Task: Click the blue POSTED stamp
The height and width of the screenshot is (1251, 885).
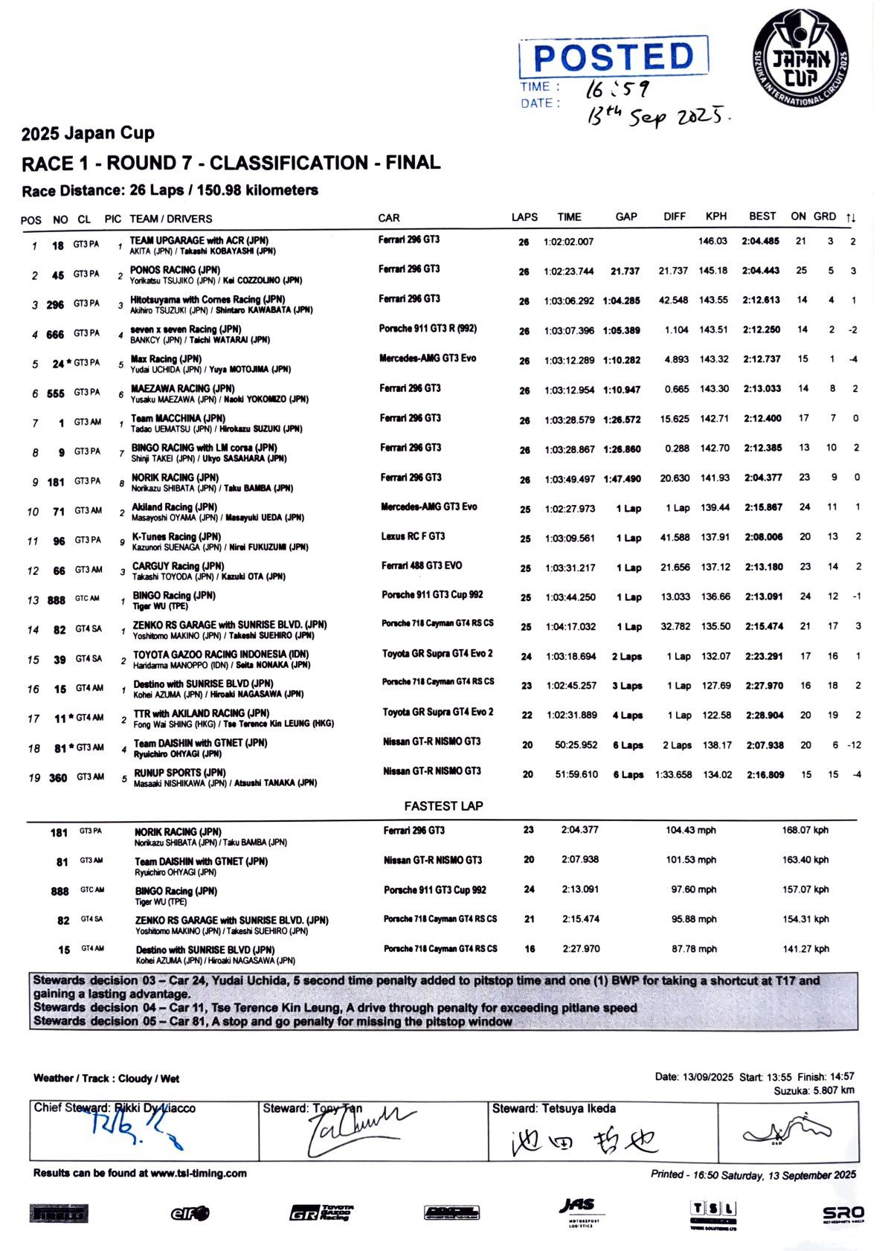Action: point(614,57)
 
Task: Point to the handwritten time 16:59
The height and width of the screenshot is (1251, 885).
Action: point(617,89)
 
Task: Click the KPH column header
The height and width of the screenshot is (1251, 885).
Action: point(715,216)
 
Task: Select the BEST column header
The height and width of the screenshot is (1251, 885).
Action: point(762,216)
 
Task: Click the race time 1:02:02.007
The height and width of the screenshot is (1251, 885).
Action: point(569,242)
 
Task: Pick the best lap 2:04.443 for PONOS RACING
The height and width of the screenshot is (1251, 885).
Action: point(760,271)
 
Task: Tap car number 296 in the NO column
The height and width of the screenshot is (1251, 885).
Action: point(55,305)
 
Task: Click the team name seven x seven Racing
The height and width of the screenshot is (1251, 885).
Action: point(185,329)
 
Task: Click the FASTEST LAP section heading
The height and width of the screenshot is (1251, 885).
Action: point(443,806)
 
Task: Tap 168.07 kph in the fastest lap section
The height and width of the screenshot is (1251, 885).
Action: point(805,831)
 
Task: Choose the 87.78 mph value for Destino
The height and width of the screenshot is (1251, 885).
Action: point(694,949)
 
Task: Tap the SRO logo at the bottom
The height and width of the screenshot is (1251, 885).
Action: point(843,1214)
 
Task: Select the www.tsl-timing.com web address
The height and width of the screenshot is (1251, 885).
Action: point(199,1174)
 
